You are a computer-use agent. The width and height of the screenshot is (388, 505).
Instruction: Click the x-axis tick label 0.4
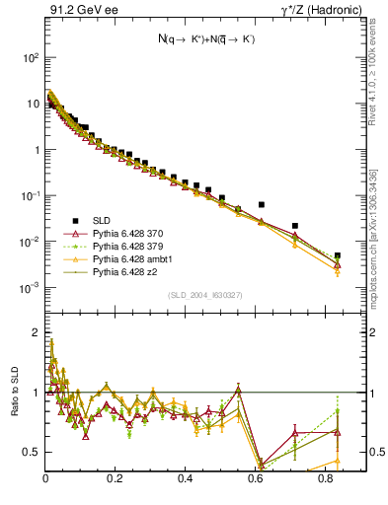coord(186,478)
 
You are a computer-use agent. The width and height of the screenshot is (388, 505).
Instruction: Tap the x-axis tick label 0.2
coord(116,478)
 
